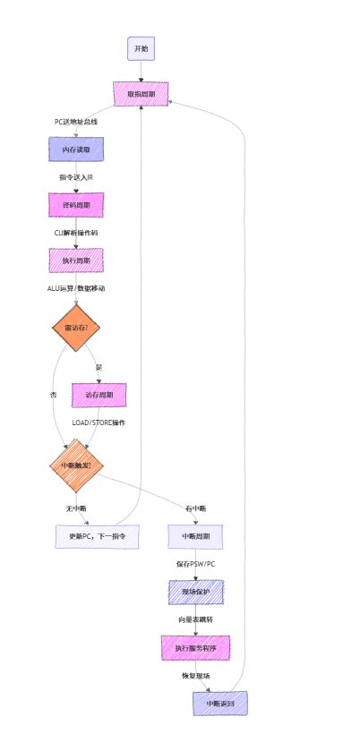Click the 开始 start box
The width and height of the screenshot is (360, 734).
point(141,48)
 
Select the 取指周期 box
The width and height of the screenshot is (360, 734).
point(141,94)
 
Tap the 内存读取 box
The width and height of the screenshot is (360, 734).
point(76,149)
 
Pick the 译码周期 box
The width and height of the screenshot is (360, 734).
point(76,205)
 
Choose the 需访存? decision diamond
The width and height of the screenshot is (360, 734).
point(76,329)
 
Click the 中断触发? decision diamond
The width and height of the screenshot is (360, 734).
point(76,465)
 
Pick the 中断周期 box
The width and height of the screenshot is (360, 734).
point(196,537)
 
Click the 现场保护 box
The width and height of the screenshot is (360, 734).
point(196,592)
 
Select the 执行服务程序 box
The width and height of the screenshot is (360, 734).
point(196,647)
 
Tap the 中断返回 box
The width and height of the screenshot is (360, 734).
point(219,703)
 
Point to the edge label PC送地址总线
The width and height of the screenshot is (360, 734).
point(76,122)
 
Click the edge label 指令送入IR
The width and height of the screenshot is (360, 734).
point(76,177)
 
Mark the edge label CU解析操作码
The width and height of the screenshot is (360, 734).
point(76,233)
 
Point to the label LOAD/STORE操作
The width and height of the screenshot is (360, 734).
point(99,422)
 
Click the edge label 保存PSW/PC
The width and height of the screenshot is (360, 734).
point(196,565)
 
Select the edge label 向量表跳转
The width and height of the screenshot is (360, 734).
point(196,619)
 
